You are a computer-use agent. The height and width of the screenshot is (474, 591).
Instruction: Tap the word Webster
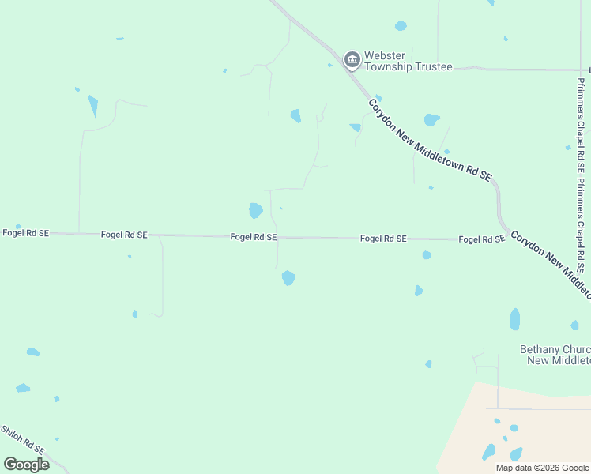click(386, 56)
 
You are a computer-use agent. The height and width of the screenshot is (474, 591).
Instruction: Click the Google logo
click(26, 464)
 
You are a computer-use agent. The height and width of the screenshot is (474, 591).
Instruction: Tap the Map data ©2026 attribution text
click(541, 468)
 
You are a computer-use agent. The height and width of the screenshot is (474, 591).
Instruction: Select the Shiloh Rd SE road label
click(22, 441)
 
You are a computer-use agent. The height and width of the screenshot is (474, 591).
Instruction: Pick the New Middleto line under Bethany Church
click(559, 360)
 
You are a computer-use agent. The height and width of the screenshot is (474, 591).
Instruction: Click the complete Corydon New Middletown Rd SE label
click(431, 140)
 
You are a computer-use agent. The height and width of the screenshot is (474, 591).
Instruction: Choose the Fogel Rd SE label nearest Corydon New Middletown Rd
click(481, 239)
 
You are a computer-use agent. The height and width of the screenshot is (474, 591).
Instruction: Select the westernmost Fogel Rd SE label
click(25, 233)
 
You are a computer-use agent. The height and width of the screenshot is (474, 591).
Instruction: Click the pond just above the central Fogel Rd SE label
click(255, 211)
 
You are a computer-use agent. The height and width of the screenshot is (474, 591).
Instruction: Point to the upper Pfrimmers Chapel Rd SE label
click(581, 126)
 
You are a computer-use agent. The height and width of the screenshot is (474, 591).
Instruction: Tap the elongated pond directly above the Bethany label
click(515, 319)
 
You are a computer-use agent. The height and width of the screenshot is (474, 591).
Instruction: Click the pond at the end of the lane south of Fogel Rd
click(288, 278)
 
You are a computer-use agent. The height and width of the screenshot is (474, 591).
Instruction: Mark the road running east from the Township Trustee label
click(521, 69)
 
